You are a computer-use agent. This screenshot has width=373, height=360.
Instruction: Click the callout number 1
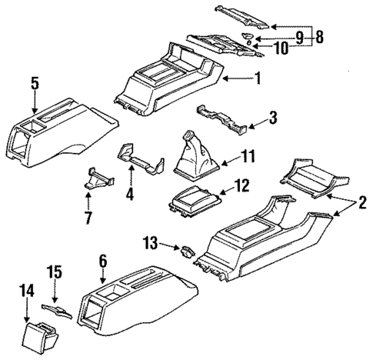[258, 78]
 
